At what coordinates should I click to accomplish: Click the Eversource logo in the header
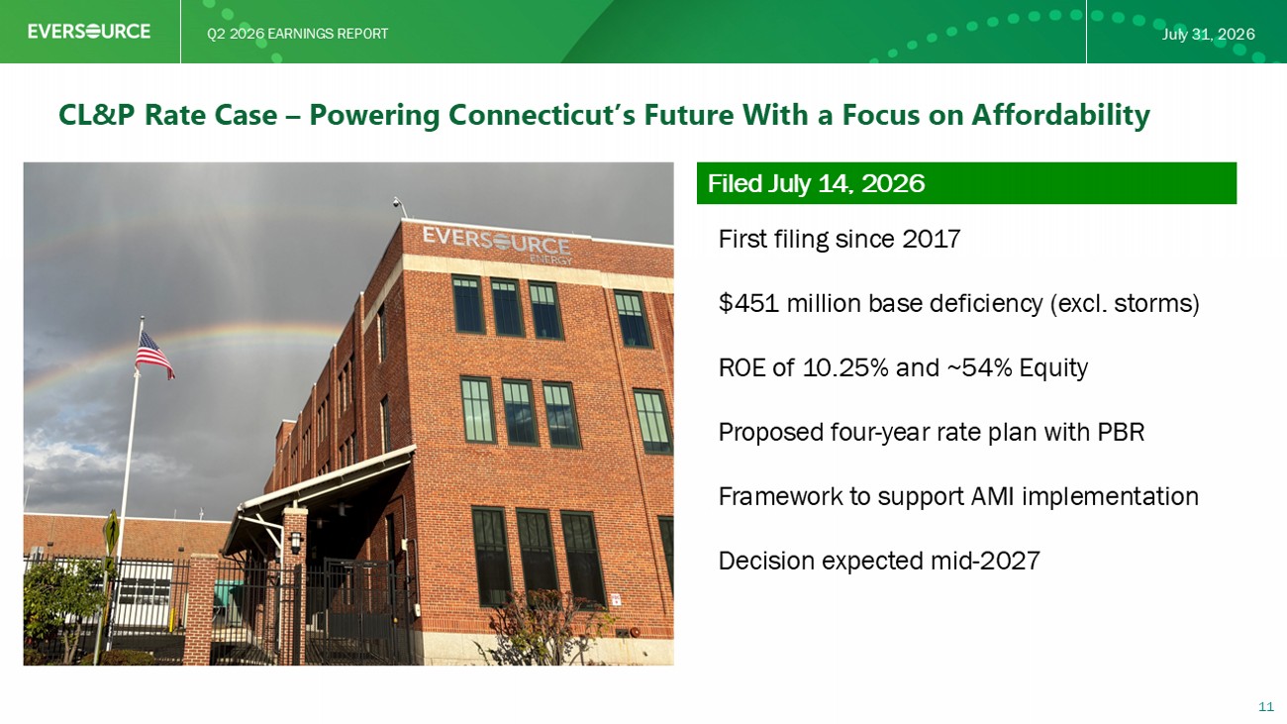89,31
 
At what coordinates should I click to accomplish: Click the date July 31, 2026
1208,34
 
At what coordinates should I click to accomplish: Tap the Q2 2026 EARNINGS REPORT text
298,34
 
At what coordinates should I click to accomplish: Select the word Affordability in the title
1060,114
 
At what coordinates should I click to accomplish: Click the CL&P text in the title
97,114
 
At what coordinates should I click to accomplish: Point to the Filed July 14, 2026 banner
966,183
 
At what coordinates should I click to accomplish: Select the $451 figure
748,303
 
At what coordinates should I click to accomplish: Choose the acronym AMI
992,496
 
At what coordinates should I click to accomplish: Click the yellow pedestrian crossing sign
110,532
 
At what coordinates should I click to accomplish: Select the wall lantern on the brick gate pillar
295,542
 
